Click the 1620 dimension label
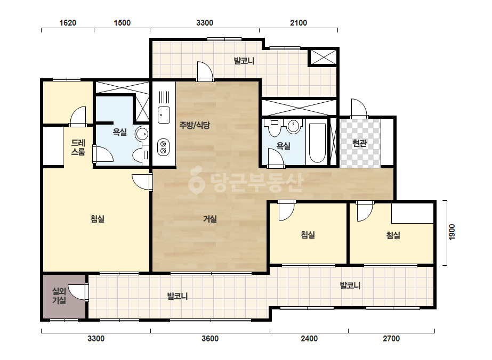coord(68,23)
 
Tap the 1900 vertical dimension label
coord(452,232)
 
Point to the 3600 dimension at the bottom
coord(210,339)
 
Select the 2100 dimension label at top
coord(299,23)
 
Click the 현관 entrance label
coord(360,143)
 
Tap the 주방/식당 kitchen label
coord(195,126)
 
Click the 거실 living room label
coord(210,218)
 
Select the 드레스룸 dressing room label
coord(78,148)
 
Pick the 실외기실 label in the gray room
coord(59,296)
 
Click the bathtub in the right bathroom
coord(317,143)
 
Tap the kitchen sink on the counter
coord(164,115)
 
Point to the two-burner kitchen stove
coord(163,148)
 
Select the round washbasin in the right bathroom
coord(294,126)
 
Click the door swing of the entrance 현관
coord(359,109)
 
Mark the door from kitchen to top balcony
coord(205,71)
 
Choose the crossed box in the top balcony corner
coord(324,57)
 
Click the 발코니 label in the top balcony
coord(244,61)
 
